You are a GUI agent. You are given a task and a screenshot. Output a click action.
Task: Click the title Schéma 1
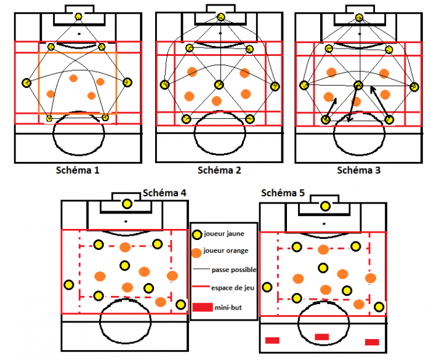point(78,170)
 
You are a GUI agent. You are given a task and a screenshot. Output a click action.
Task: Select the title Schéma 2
point(219,170)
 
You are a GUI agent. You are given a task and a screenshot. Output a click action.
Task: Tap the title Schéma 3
point(359,170)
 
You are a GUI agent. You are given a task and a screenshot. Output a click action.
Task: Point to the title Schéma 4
point(164,193)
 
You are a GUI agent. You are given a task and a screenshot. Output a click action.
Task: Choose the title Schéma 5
point(283,193)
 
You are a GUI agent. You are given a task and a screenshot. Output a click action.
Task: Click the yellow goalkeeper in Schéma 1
point(79,17)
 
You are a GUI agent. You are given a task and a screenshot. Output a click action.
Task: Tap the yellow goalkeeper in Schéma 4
point(127,204)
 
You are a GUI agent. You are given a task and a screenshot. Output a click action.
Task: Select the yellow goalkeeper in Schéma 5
point(326,206)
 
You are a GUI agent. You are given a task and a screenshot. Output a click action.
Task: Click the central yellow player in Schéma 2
point(219,85)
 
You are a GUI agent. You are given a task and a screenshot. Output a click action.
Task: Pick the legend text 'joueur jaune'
point(224,234)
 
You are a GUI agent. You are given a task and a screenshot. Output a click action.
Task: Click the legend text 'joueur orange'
point(226,250)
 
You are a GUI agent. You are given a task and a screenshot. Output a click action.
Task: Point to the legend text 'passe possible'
point(234,270)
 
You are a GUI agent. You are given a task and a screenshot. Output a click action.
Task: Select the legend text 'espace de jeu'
point(233,288)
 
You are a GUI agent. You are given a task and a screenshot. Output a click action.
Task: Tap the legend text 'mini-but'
point(228,308)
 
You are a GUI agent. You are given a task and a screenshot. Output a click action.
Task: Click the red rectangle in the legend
point(203,307)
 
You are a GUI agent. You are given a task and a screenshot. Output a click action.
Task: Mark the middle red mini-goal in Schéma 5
point(322,337)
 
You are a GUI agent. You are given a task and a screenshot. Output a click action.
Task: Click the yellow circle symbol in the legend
point(197,235)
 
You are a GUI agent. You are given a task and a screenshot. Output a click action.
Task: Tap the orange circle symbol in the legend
point(196,253)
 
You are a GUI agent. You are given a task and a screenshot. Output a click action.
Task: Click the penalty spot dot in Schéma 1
point(79,34)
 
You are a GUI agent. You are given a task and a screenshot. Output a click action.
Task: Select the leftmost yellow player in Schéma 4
point(69,285)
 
